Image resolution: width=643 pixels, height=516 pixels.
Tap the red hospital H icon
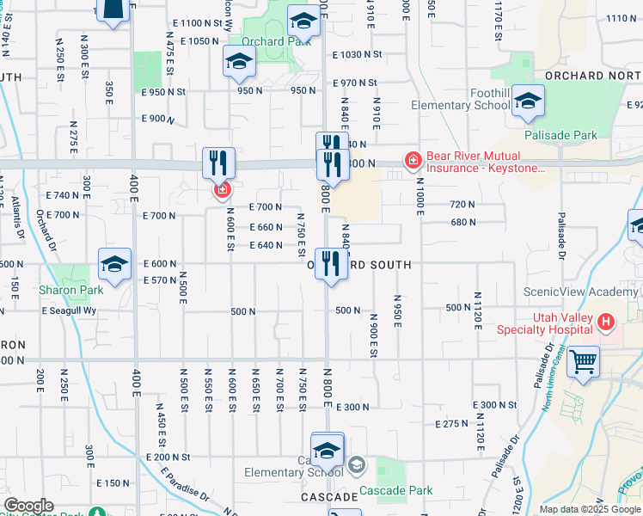click(607, 322)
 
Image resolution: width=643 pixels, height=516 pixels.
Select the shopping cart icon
click(584, 361)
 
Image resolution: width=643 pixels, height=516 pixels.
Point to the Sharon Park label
click(71, 290)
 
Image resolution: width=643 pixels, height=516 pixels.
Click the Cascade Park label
click(396, 490)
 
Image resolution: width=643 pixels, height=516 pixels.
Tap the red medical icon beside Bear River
click(413, 160)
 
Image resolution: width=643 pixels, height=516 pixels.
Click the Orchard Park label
click(264, 40)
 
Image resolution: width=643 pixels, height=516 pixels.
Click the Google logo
click(28, 507)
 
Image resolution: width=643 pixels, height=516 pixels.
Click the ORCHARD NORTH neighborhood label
click(593, 75)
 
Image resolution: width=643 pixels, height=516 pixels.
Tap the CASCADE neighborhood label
click(329, 497)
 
